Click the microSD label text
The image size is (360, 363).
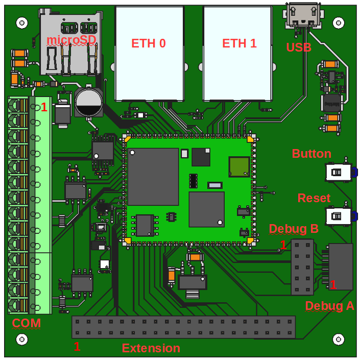(x=71, y=40)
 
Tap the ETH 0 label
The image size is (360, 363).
(x=149, y=43)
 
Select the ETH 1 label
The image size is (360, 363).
(x=239, y=43)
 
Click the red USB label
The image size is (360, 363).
(x=299, y=47)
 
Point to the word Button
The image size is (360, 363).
(x=311, y=154)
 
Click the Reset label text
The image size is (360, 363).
(x=314, y=198)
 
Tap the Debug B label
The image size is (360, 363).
(x=294, y=229)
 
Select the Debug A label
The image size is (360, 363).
(x=329, y=306)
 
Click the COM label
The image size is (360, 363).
(x=27, y=323)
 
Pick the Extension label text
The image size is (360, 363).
(x=151, y=348)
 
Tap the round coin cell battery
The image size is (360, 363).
(x=89, y=102)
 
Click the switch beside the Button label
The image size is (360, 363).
(x=339, y=172)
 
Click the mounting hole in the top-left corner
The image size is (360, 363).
(x=21, y=23)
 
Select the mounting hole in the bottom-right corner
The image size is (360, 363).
(x=338, y=339)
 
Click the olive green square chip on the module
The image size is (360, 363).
(x=239, y=166)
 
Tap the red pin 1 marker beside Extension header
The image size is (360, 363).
(x=77, y=347)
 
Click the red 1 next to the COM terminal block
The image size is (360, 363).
(x=44, y=108)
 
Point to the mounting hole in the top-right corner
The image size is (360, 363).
(x=338, y=23)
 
